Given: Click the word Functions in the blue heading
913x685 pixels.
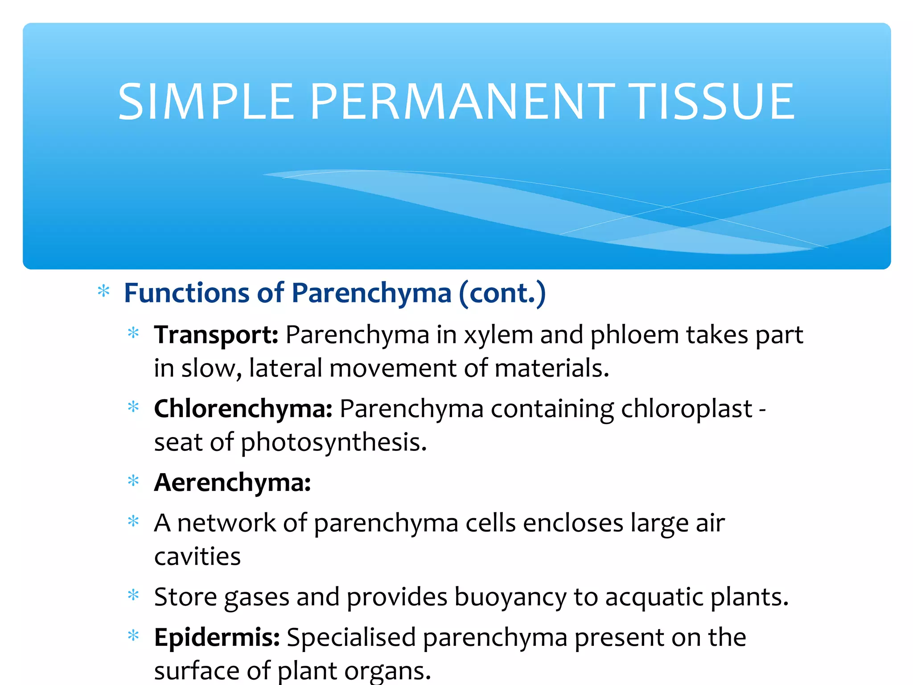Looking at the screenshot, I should point(186,293).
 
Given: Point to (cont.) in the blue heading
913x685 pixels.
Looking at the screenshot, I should point(502,294).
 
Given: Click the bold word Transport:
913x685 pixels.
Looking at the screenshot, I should point(216,335).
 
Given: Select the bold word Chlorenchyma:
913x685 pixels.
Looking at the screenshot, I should point(243,409).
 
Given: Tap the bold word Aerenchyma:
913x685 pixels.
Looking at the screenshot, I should point(232,483).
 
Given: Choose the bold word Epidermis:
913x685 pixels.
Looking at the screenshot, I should point(217,637).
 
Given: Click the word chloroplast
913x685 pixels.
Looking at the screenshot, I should point(687,409).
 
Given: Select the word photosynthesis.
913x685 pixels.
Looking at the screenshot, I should point(333,443).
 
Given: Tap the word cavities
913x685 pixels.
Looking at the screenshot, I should point(197,557).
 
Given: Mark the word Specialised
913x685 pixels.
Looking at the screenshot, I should point(351,637).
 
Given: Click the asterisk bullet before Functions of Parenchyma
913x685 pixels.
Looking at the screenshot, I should point(103,292).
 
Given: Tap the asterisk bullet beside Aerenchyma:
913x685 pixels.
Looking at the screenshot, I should point(133,481).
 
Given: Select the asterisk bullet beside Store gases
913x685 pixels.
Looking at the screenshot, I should point(133,595).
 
